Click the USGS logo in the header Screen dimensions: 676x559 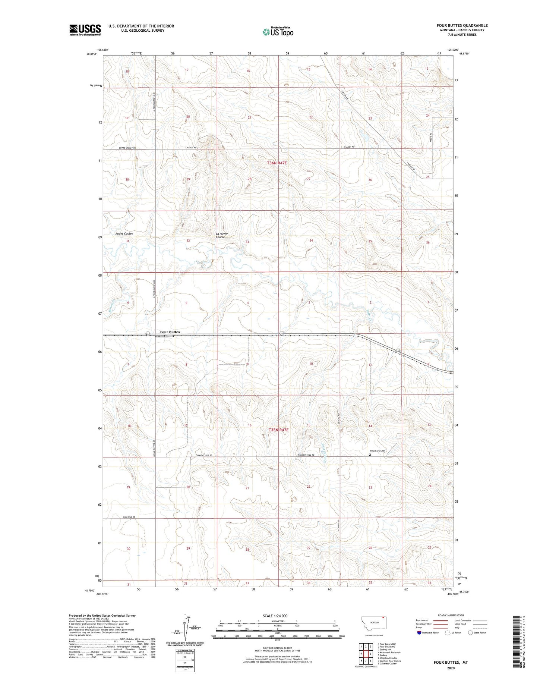click(85, 29)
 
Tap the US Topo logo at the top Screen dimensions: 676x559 click(278, 32)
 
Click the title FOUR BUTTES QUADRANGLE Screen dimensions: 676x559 click(462, 25)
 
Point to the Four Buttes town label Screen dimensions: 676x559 click(170, 332)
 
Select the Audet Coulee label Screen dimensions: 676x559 click(124, 233)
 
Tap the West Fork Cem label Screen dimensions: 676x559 click(377, 451)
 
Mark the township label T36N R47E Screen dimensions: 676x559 click(277, 163)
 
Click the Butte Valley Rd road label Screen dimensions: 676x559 click(127, 148)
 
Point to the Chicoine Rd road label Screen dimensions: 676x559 click(129, 517)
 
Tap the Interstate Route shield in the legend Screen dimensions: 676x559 click(419, 632)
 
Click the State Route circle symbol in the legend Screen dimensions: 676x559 click(470, 632)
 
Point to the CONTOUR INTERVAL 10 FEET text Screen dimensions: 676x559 click(277, 648)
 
